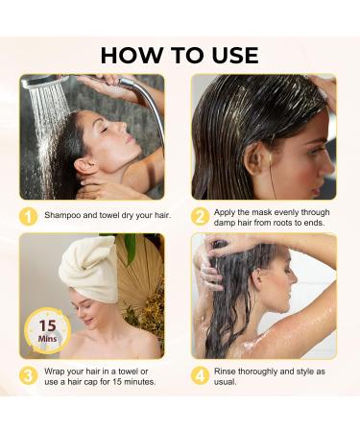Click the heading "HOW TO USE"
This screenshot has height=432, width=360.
tap(180, 55)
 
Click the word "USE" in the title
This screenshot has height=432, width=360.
tap(229, 55)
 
